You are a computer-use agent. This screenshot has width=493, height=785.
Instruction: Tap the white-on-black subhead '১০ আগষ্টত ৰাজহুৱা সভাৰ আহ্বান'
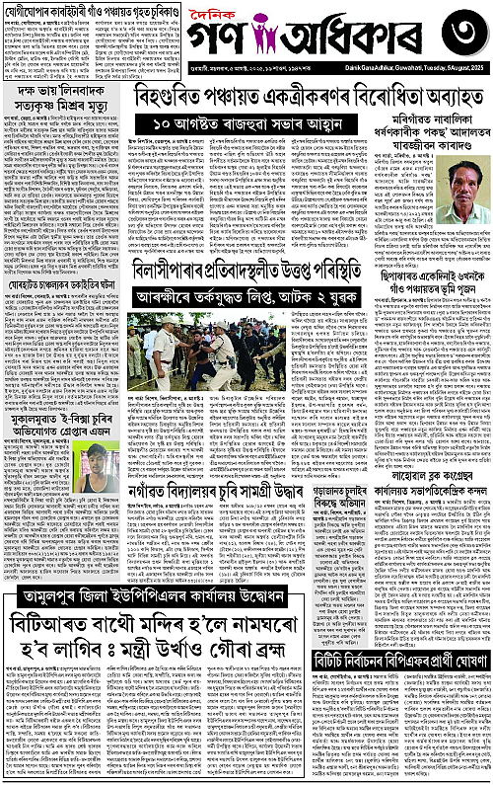coord(269,124)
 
